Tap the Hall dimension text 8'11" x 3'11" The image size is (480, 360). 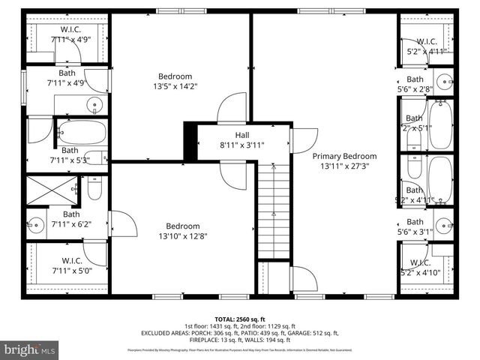(241, 145)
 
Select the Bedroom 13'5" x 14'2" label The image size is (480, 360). (175, 81)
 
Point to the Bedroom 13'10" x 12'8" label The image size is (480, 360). (182, 231)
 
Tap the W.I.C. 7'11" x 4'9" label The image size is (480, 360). (70, 34)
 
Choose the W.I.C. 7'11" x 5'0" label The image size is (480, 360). (70, 266)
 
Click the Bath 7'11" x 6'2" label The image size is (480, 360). (70, 218)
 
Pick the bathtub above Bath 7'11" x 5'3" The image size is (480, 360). (82, 133)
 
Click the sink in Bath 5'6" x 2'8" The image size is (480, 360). (444, 81)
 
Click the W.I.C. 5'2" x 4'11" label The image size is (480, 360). (426, 46)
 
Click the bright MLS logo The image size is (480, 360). (31, 349)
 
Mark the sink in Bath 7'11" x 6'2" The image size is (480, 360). (35, 224)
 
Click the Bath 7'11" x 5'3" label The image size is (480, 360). (70, 154)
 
